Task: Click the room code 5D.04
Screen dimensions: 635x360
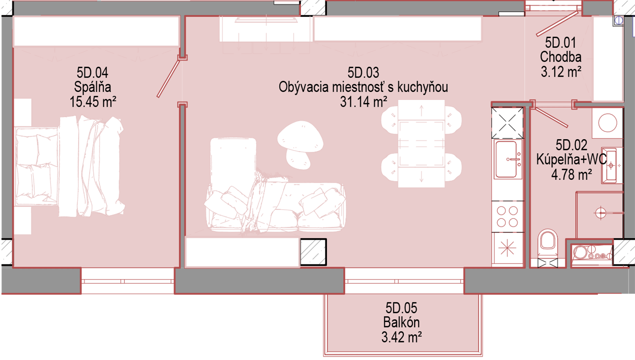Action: pyautogui.click(x=92, y=72)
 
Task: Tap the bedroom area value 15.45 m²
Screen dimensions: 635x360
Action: pyautogui.click(x=93, y=102)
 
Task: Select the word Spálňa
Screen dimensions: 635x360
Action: pyautogui.click(x=92, y=87)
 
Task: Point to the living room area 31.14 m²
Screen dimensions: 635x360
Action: pyautogui.click(x=364, y=102)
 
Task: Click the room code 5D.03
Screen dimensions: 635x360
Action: pyautogui.click(x=363, y=72)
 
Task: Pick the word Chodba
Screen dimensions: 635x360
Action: pyautogui.click(x=561, y=57)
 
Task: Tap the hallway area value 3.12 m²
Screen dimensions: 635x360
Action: pyautogui.click(x=561, y=71)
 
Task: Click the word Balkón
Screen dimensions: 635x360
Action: pyautogui.click(x=401, y=322)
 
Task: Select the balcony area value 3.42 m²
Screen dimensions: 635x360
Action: pyautogui.click(x=401, y=337)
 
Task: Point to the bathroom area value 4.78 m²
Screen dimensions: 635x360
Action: pyautogui.click(x=571, y=174)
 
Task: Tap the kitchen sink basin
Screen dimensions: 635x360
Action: pyautogui.click(x=506, y=159)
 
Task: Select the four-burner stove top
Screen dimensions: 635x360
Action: pyautogui.click(x=508, y=217)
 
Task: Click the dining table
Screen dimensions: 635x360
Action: pyautogui.click(x=421, y=143)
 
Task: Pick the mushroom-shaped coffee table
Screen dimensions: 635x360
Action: pyautogui.click(x=300, y=144)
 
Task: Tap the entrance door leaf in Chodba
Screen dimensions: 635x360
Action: pyautogui.click(x=557, y=24)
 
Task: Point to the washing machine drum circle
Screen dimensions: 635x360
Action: pyautogui.click(x=607, y=123)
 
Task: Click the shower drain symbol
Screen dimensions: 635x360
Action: pyautogui.click(x=600, y=213)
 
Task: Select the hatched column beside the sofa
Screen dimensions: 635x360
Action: pyautogui.click(x=313, y=252)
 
